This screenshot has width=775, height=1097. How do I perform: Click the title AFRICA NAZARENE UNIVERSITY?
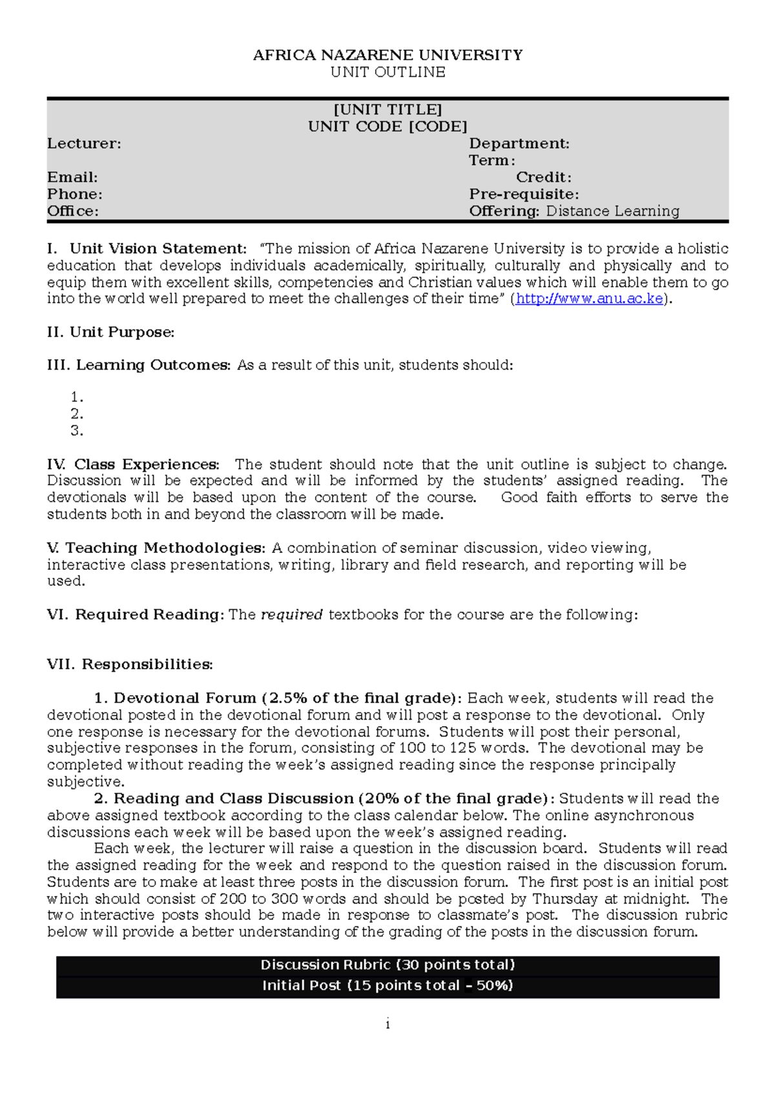[x=387, y=56]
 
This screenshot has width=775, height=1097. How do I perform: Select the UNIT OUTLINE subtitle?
[x=387, y=72]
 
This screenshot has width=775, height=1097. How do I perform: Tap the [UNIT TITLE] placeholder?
[x=387, y=110]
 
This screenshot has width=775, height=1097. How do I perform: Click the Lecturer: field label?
[x=84, y=143]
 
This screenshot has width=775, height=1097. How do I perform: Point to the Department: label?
[x=519, y=143]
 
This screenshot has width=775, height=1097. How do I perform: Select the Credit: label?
[x=543, y=177]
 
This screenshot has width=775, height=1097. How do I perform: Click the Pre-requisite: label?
[x=524, y=194]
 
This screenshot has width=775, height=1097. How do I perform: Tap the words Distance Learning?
[x=612, y=211]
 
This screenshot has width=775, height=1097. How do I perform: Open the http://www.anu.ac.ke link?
[x=589, y=299]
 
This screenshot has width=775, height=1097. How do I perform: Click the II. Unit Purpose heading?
[x=110, y=332]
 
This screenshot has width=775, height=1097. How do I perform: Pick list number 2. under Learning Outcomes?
[x=77, y=414]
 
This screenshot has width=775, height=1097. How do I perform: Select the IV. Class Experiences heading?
[x=133, y=465]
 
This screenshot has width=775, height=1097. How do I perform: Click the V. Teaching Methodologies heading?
[x=156, y=548]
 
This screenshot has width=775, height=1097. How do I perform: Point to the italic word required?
[x=291, y=614]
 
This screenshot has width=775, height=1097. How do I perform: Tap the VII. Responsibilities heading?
[x=130, y=664]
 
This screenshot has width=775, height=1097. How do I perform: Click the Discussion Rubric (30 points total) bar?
[x=387, y=965]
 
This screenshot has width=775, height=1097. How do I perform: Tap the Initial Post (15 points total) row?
[x=387, y=986]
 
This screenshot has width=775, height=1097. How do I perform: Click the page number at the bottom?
[x=387, y=1025]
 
